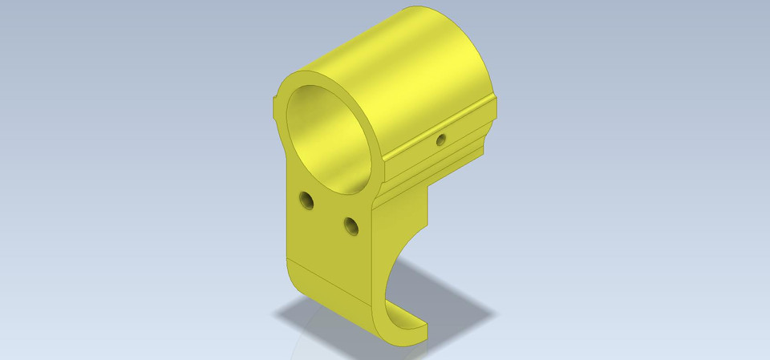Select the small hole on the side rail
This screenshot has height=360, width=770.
click(x=440, y=140)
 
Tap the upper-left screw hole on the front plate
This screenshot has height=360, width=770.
click(x=305, y=199)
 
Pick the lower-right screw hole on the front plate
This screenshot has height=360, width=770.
click(x=350, y=226)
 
